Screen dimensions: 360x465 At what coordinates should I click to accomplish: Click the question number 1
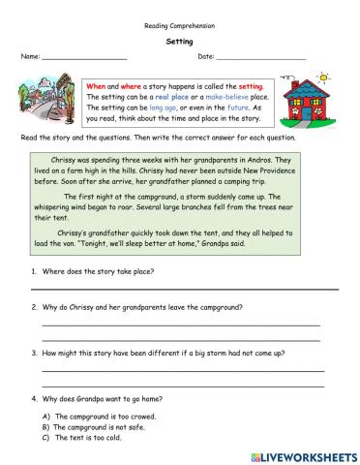(x=35, y=272)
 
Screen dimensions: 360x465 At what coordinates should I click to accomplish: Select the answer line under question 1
(x=184, y=288)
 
